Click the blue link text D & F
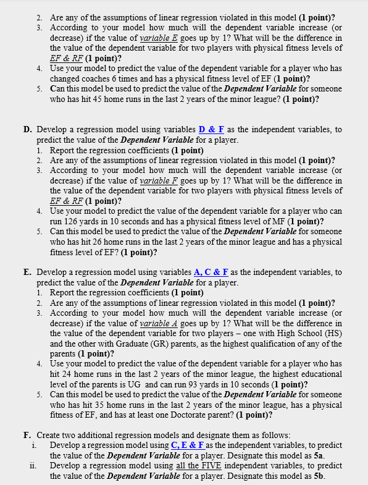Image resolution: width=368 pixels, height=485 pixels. click(212, 130)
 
